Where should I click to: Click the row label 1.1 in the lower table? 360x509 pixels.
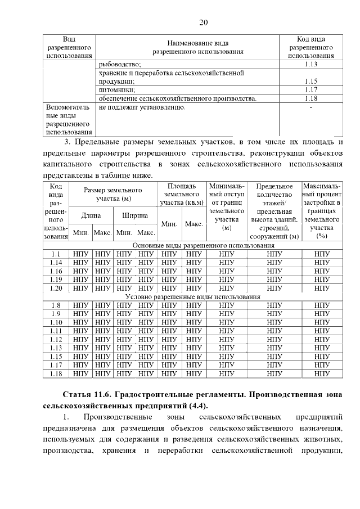pos(56,254)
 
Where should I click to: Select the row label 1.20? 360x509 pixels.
pos(56,288)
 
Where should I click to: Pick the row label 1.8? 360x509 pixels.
pos(56,305)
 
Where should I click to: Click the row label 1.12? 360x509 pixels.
pos(56,339)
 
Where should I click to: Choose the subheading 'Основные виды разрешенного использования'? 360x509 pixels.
pos(203,246)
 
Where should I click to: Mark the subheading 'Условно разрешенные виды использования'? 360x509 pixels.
pos(193,296)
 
